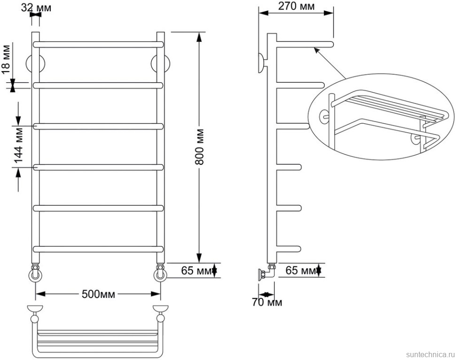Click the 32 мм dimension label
[x=36, y=8]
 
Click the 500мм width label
[x=98, y=294]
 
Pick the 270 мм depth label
[x=296, y=6]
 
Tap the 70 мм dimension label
[x=267, y=303]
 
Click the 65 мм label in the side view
[x=300, y=271]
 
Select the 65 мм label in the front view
[x=196, y=271]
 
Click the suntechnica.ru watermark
[x=430, y=354]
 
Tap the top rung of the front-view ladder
[x=98, y=45]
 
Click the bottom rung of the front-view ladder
[x=98, y=249]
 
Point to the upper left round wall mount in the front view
[x=35, y=63]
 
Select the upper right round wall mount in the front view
[x=161, y=63]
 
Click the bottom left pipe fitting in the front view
[x=35, y=272]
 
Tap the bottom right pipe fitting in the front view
[x=160, y=272]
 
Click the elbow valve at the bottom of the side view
[x=267, y=272]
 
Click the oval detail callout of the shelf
[x=381, y=117]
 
